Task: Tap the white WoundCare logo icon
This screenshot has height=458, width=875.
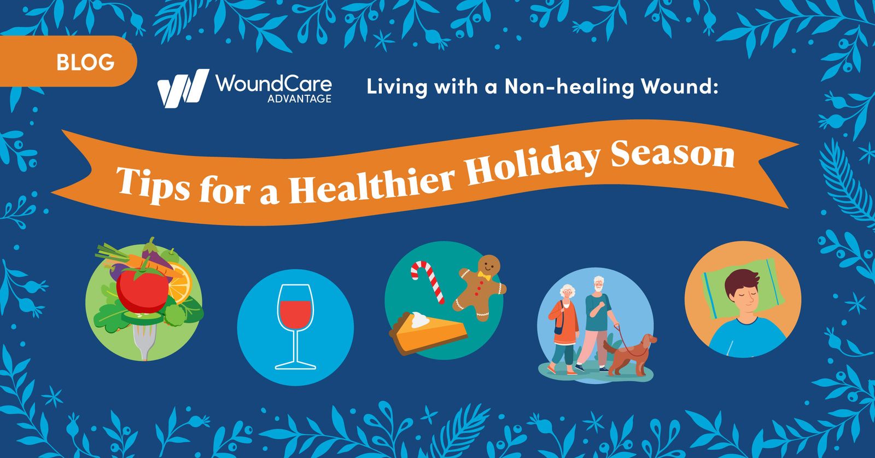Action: click(x=182, y=88)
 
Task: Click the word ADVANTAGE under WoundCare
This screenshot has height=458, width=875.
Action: click(x=299, y=99)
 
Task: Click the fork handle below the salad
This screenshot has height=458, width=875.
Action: click(x=143, y=345)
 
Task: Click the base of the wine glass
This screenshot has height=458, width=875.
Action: click(x=295, y=365)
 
